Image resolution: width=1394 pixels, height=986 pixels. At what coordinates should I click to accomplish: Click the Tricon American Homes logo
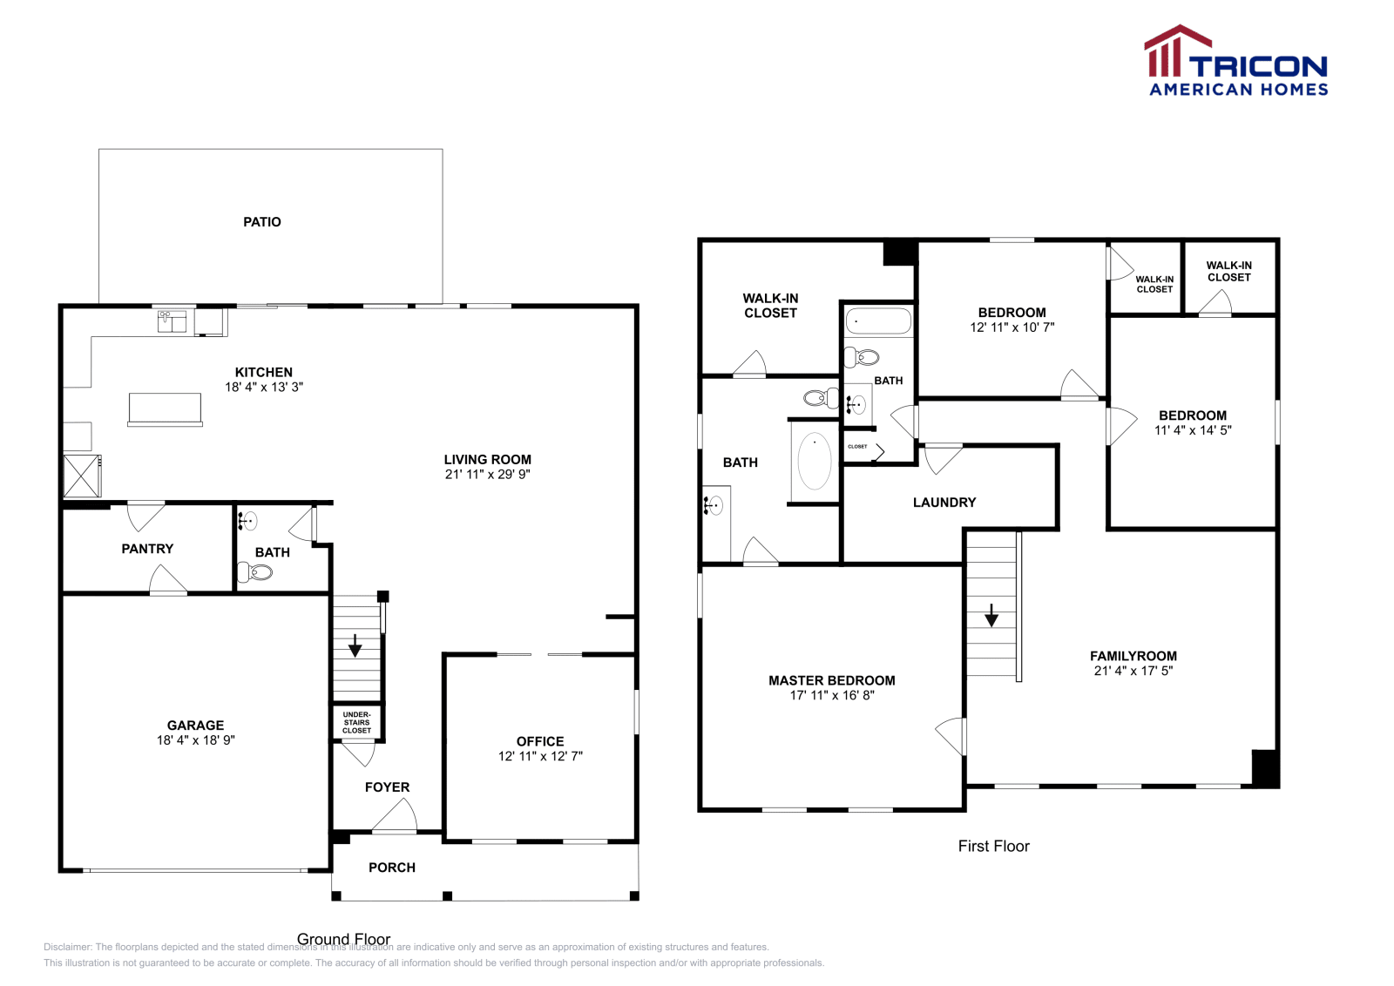coord(1235,61)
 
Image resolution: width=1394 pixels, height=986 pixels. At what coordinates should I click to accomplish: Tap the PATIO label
coord(261,222)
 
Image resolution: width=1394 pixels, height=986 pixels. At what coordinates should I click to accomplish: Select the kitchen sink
coord(172,321)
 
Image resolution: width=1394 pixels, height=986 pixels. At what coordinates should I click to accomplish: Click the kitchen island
coord(165,409)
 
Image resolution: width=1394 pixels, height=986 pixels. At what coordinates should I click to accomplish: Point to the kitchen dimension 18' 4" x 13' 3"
coord(263,387)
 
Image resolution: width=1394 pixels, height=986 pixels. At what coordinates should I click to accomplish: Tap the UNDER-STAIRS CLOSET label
coord(356,722)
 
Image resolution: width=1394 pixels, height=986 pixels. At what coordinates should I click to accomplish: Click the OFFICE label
coord(539,741)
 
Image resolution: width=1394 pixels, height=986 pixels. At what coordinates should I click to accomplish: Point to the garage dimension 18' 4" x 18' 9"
coord(195,740)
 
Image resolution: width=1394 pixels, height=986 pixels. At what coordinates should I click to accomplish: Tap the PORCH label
coord(391,868)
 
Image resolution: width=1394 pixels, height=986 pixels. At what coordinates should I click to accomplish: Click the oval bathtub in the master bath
coord(814,461)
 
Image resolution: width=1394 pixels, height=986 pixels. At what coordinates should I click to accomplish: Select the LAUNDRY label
coord(944,503)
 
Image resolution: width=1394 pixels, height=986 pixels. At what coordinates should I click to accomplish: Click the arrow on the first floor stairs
coord(991,616)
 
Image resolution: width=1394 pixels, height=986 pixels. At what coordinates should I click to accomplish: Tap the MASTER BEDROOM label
coord(831,680)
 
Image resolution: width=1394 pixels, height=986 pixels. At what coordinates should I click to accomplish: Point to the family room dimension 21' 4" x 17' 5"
coord(1133,671)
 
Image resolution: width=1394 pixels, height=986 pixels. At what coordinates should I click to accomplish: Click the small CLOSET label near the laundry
coord(857,447)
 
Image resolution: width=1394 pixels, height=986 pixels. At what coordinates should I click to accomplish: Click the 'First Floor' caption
coord(993,846)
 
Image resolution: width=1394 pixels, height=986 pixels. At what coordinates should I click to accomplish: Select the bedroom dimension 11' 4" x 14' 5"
coord(1192,430)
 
